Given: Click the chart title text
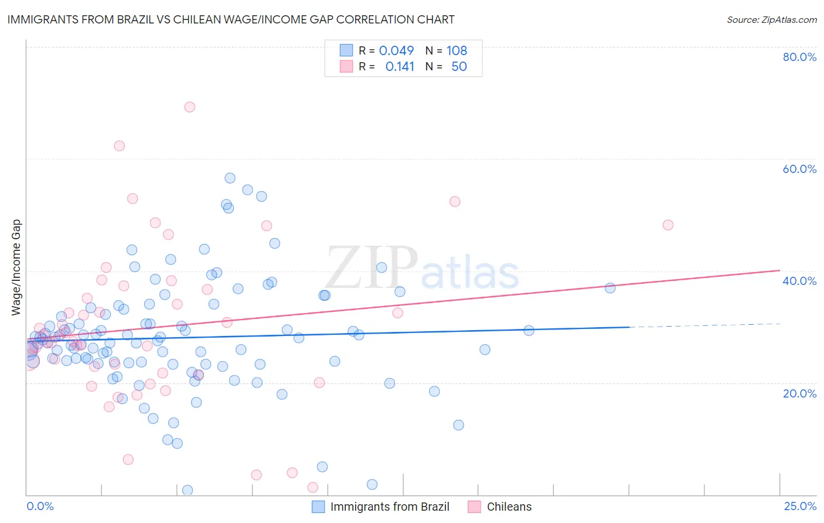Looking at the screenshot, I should point(230,20).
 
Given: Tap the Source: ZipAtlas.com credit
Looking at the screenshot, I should point(771,20).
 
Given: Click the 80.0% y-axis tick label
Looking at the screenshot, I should point(799,57).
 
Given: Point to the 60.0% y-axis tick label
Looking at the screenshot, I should point(799,169).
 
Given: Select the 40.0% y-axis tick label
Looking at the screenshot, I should point(799,281).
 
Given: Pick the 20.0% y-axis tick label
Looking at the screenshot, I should point(799,393).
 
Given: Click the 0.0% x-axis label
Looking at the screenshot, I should point(40,506).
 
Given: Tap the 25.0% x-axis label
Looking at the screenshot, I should point(800,506).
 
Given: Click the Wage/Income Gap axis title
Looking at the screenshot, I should point(16,267).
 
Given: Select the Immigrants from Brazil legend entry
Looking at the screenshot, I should point(381,507).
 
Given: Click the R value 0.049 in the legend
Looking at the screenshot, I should point(396,50).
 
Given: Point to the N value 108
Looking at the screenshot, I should point(457,50).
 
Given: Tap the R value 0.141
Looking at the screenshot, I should point(400,67).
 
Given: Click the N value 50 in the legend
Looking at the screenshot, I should point(459,67).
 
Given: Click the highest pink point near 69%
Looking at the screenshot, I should point(189,107).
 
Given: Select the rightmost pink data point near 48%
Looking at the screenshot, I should point(668,225).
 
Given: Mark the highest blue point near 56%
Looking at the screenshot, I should point(230,178).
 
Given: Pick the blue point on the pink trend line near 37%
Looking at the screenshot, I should point(610,288).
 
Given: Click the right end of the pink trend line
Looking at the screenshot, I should point(779,270).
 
